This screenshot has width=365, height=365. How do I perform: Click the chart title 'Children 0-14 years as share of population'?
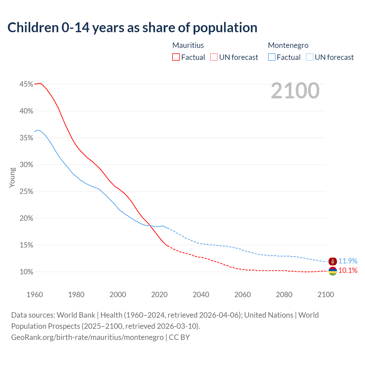pyautogui.click(x=132, y=28)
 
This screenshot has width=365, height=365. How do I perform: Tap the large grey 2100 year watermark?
pyautogui.click(x=295, y=91)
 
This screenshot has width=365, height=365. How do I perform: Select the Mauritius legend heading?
pyautogui.click(x=188, y=45)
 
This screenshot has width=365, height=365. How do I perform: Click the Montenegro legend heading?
pyautogui.click(x=288, y=45)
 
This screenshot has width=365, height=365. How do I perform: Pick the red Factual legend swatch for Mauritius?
pyautogui.click(x=176, y=57)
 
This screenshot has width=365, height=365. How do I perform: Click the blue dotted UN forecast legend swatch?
pyautogui.click(x=310, y=57)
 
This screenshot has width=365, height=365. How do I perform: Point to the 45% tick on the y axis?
pyautogui.click(x=26, y=84)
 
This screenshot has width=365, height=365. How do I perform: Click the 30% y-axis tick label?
pyautogui.click(x=26, y=165)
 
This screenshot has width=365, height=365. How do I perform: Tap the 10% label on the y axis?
pyautogui.click(x=26, y=272)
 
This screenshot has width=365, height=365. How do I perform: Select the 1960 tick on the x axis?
pyautogui.click(x=35, y=295)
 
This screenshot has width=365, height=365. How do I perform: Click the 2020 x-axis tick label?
pyautogui.click(x=159, y=295)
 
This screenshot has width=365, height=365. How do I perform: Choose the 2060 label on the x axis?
pyautogui.click(x=242, y=295)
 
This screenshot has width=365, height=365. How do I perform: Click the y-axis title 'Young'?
pyautogui.click(x=12, y=177)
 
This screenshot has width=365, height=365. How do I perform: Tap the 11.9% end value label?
pyautogui.click(x=348, y=261)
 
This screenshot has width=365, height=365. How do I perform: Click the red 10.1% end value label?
pyautogui.click(x=348, y=270)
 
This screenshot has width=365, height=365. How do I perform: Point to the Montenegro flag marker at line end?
pyautogui.click(x=333, y=261)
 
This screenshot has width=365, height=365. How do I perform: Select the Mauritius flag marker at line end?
pyautogui.click(x=333, y=271)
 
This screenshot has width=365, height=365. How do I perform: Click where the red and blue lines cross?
pyautogui.click(x=150, y=225)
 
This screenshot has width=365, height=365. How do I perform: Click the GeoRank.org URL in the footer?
pyautogui.click(x=87, y=337)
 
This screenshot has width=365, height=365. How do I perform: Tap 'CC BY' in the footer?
pyautogui.click(x=179, y=337)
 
